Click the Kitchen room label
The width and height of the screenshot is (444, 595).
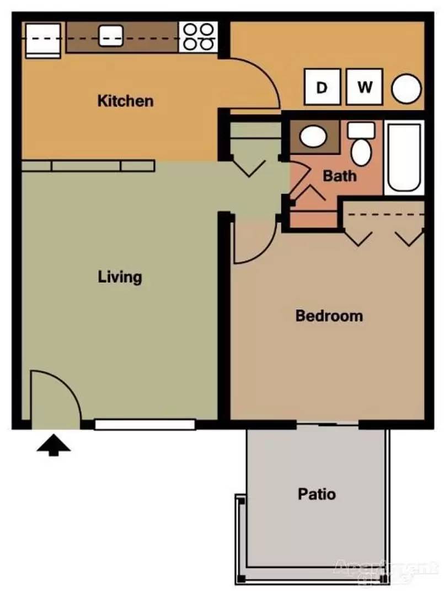125,101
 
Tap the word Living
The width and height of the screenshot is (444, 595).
120,277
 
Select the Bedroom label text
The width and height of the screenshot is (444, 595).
329,316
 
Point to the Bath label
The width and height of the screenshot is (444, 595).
339,176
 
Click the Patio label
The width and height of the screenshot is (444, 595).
317,494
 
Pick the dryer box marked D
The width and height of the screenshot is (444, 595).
322,88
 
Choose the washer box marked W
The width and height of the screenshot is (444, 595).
364,88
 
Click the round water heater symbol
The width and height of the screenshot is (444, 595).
406,89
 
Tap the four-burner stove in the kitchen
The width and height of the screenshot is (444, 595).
199,36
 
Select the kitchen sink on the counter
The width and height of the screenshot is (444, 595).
111,36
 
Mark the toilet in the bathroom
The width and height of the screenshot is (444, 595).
362,145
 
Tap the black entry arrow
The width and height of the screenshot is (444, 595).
54,444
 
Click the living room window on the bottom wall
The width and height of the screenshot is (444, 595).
145,425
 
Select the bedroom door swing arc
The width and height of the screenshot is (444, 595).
254,240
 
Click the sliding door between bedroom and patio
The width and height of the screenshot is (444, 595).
328,424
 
